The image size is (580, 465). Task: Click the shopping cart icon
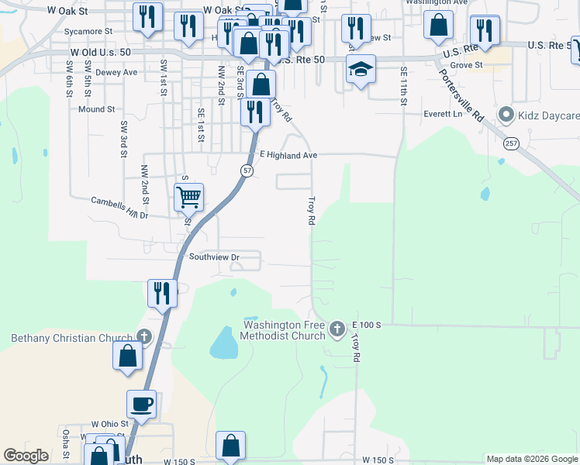[188, 197]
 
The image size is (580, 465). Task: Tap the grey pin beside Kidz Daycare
[507, 115]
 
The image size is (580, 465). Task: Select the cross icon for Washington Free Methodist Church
[337, 329]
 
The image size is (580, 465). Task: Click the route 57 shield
[245, 170]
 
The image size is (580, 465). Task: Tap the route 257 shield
[510, 143]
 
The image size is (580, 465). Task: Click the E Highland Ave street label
[289, 156]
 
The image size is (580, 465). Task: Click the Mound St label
[96, 110]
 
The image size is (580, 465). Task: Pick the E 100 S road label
[366, 323]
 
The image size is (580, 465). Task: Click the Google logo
[26, 455]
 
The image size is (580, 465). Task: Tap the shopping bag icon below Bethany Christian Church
[127, 356]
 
